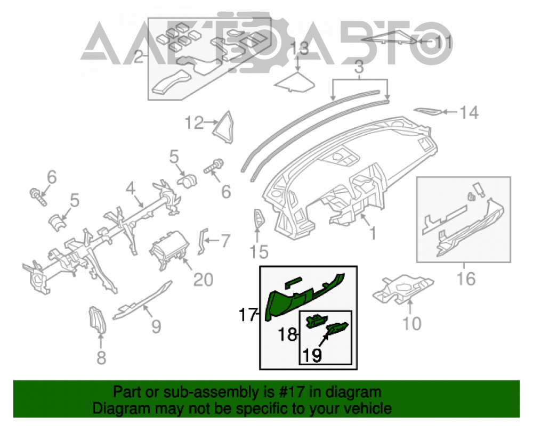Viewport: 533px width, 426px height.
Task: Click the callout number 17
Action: pos(247,315)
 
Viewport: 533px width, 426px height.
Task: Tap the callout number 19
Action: pos(312,355)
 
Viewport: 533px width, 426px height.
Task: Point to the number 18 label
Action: pos(288,334)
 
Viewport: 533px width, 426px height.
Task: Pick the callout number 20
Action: pos(203,280)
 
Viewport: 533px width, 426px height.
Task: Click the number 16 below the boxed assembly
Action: pos(466,279)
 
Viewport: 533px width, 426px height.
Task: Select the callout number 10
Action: pos(411,323)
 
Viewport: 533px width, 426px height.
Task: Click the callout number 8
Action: pos(101,358)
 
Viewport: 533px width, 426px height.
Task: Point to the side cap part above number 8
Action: pos(98,319)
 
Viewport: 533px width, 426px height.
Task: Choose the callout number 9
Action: pos(156,326)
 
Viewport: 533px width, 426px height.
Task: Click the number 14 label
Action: pos(469,112)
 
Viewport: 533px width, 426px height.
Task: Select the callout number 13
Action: pos(299,48)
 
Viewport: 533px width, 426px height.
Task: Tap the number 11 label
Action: pos(444,42)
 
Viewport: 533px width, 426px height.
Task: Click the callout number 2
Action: pos(139,56)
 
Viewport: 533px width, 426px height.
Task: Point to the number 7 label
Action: pos(225,241)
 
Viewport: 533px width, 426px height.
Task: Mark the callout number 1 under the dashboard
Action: pos(373,233)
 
